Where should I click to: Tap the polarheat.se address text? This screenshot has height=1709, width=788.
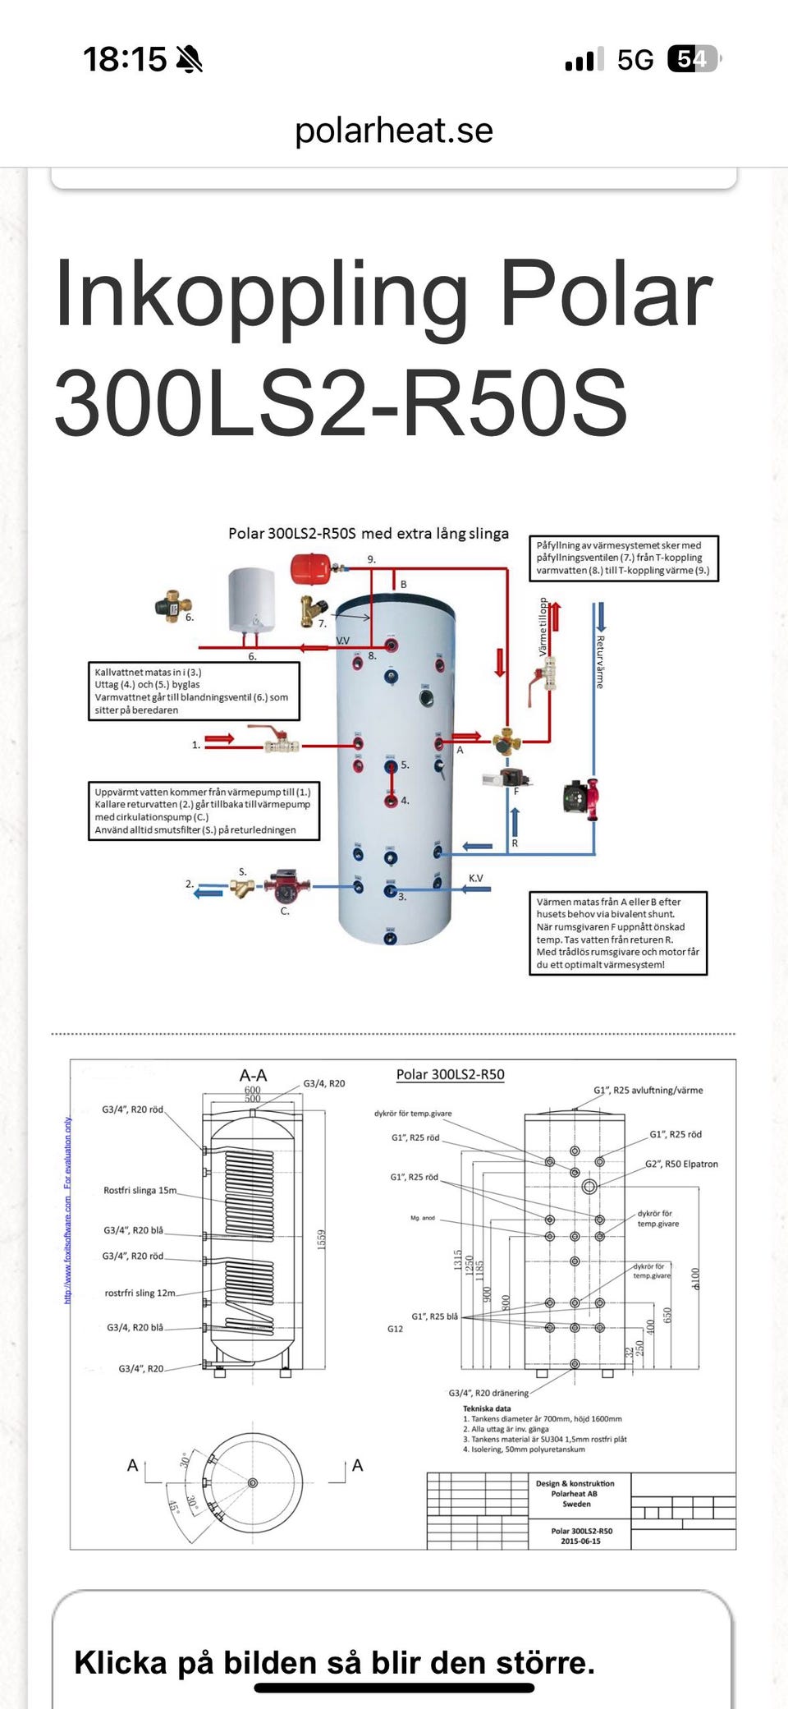tap(394, 131)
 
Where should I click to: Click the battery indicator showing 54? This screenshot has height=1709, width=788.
tap(694, 59)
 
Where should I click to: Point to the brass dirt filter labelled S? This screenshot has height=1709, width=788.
tap(242, 888)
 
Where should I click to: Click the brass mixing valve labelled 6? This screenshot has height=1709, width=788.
tap(173, 606)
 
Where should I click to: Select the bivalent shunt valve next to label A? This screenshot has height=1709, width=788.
tap(506, 742)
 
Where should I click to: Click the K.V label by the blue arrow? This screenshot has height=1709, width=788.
tap(476, 878)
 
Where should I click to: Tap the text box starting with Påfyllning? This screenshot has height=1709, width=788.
tap(624, 558)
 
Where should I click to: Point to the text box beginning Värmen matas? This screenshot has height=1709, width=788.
tap(618, 933)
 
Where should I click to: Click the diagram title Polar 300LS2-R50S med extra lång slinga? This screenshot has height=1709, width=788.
tap(369, 534)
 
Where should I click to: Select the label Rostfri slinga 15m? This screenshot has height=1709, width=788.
tap(140, 1190)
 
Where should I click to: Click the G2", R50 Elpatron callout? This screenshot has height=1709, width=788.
tap(681, 1164)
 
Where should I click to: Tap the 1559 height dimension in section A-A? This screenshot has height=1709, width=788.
tap(322, 1239)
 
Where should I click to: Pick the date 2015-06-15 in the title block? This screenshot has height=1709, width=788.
tap(580, 1541)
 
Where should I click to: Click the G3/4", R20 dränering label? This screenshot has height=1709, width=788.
tap(488, 1393)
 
